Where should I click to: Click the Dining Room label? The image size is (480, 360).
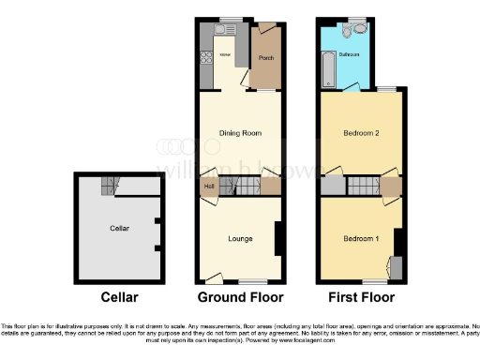[x=239, y=133]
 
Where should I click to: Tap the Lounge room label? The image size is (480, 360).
[x=240, y=238]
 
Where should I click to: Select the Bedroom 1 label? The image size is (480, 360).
[x=360, y=238]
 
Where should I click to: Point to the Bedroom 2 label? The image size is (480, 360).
[x=361, y=133]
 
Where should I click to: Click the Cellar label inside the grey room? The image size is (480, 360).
[x=119, y=228]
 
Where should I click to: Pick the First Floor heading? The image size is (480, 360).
[x=359, y=297]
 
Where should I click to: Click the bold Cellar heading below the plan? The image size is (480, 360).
[x=119, y=297]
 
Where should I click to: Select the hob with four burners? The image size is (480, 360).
[x=206, y=57]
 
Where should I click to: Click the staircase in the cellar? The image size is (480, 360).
[x=111, y=185]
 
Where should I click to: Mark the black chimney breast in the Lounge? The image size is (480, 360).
[x=278, y=238]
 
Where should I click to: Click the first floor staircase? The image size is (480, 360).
[x=361, y=187]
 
